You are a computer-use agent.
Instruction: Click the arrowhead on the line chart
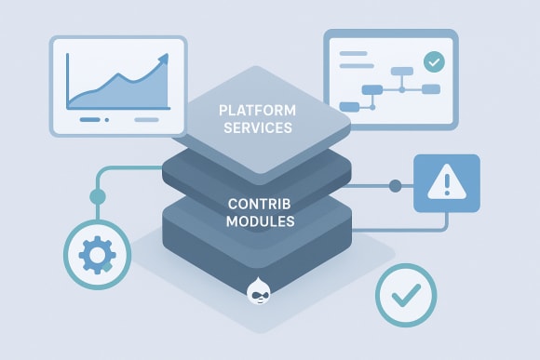[164, 58]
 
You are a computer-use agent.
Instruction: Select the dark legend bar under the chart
[92, 119]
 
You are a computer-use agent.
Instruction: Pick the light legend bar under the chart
[146, 119]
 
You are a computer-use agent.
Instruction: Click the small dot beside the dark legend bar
[107, 119]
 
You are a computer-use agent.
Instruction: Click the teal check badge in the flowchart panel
[433, 61]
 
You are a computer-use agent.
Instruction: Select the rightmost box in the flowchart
[429, 89]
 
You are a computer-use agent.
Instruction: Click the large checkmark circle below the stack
[405, 296]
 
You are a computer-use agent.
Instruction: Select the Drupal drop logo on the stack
[260, 292]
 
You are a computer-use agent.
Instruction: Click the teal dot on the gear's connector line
[97, 196]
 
